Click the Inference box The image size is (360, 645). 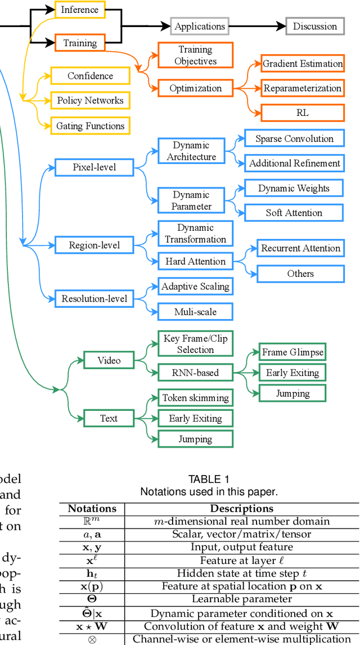79,10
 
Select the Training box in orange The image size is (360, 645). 79,43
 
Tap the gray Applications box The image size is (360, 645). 200,26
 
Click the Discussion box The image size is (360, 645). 315,26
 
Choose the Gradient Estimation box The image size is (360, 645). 303,64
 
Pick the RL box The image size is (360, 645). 303,113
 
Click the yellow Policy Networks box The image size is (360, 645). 90,101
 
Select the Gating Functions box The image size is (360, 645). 90,126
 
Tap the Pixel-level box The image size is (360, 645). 94,167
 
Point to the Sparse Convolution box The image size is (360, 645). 294,138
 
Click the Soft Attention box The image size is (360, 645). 294,213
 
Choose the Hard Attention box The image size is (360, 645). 195,261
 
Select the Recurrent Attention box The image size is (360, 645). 300,248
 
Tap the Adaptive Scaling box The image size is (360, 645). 195,286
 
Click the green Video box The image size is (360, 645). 109,360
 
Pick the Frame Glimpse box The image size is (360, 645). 292,352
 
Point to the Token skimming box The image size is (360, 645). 195,398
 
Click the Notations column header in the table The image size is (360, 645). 92,508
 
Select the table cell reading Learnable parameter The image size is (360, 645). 241,599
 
